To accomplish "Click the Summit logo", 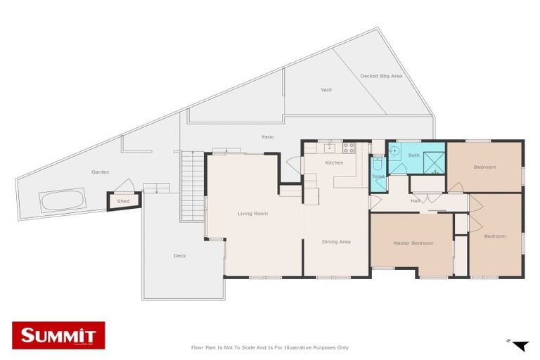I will pos(58,335).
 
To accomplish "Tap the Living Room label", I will pos(252,214).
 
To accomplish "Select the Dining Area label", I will pos(336,242).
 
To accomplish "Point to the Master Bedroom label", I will pos(413,243).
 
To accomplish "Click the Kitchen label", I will pos(334,163).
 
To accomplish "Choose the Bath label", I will pos(414,155).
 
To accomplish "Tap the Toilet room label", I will pos(378,176).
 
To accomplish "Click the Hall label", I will pos(416,201).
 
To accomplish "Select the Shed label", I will pos(123,201).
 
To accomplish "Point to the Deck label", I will pos(179,256).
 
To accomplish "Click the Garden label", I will pos(100,172).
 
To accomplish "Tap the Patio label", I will pos(268,137).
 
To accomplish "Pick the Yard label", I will pos(326,90).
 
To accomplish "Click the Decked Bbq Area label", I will pos(380,76).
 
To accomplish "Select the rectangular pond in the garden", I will pos(63,201).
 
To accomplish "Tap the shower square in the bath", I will pos(434,161).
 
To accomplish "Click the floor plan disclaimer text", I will pos(270,347).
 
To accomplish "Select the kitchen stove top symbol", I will pos(347,148).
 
